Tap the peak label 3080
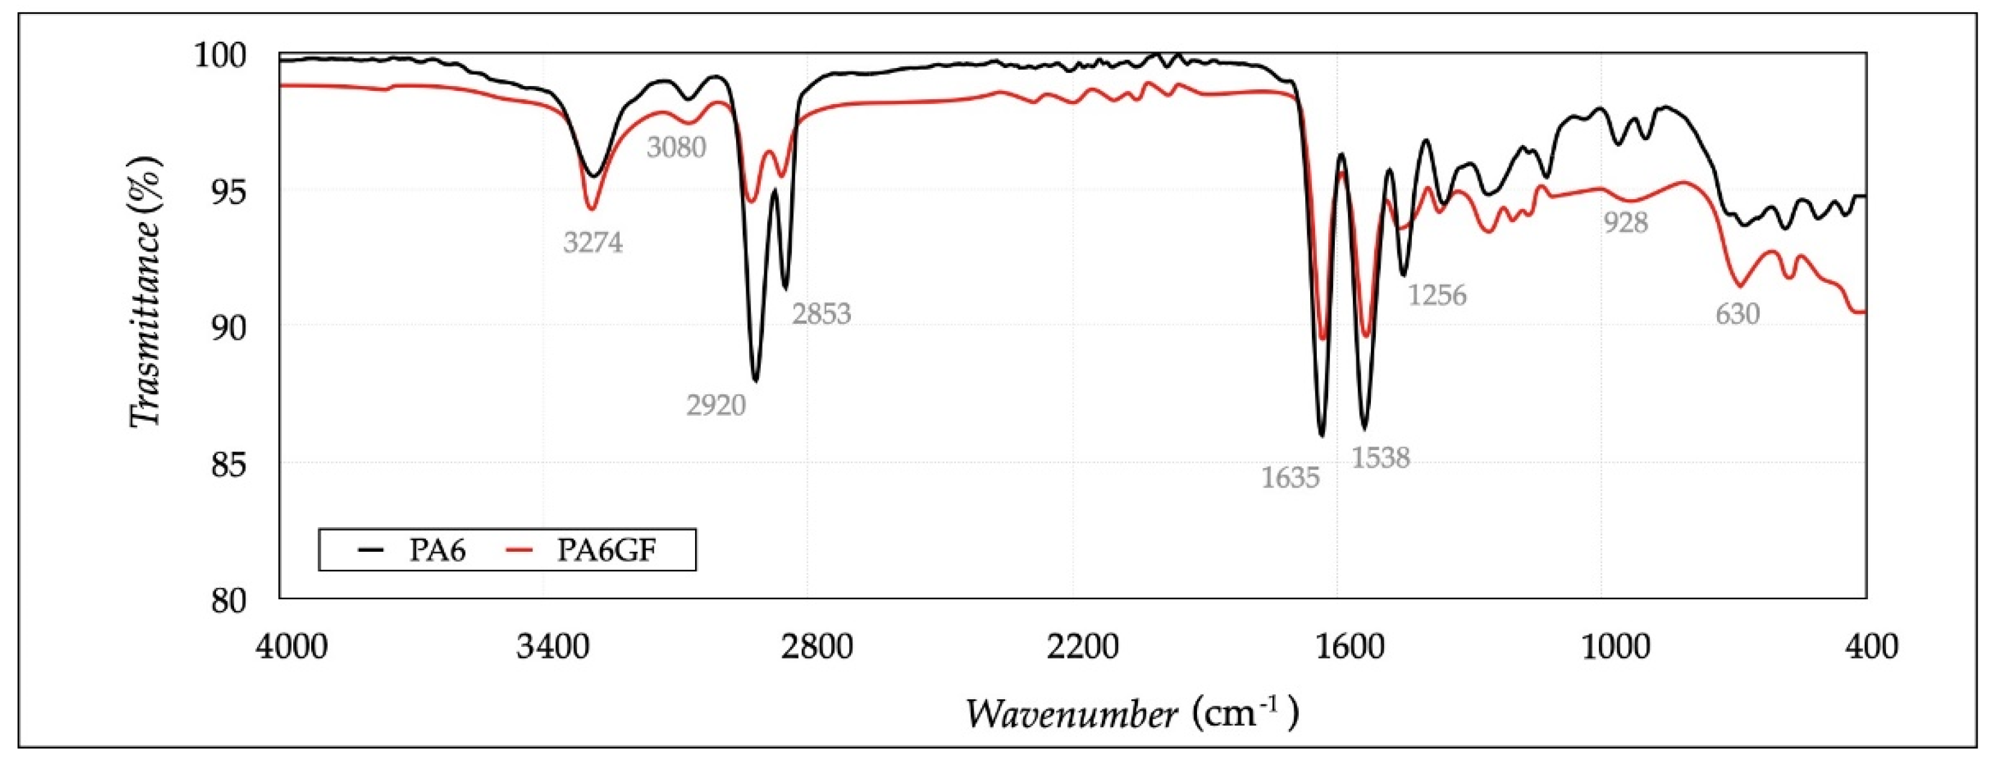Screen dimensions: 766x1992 (676, 147)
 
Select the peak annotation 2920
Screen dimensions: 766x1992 (716, 405)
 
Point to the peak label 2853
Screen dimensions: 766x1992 (821, 314)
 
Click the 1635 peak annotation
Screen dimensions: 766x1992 (1290, 478)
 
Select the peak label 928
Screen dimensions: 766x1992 (1625, 223)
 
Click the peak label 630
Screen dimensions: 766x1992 (1737, 314)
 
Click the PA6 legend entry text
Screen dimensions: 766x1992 (438, 551)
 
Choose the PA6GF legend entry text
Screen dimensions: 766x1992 (607, 551)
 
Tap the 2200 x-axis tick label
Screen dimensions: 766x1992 (1072, 646)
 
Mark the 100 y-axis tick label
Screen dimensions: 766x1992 (220, 55)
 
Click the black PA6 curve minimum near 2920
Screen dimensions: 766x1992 (755, 380)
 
